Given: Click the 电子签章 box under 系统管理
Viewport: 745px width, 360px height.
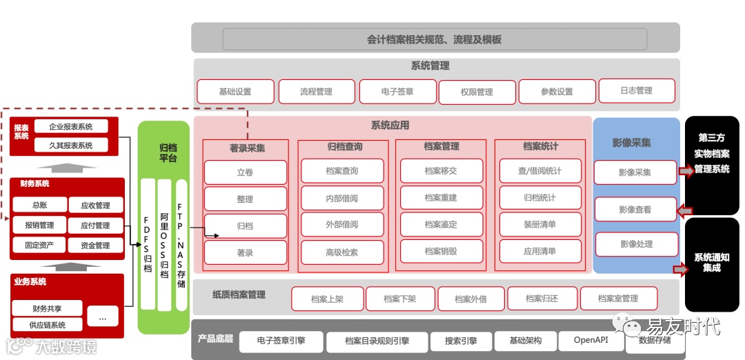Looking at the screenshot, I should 397,91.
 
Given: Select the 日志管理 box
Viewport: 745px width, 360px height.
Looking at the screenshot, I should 635,90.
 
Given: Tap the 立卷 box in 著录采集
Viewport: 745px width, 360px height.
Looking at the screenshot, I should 245,172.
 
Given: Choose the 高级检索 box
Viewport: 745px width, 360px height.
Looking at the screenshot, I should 342,252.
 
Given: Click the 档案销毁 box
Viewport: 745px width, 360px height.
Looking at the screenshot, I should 441,252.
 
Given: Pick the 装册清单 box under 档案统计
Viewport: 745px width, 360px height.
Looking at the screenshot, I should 539,225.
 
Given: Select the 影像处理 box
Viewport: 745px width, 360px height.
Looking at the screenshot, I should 635,244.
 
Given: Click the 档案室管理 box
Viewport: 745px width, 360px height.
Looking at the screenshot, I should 618,299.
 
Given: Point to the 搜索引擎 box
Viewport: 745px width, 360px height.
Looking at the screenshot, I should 461,341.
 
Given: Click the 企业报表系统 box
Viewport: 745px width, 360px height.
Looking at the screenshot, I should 70,127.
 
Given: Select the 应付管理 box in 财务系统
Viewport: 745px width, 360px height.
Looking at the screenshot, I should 95,226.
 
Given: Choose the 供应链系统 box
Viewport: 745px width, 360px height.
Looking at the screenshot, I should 48,325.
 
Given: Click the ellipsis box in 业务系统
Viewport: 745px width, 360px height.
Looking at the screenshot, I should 103,318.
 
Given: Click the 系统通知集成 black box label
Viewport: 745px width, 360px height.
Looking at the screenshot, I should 711,263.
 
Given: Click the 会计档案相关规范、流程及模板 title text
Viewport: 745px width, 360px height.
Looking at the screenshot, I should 435,39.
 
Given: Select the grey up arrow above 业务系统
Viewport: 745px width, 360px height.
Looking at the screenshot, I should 67,265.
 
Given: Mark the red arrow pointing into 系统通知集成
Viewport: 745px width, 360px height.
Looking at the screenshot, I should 680,270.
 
